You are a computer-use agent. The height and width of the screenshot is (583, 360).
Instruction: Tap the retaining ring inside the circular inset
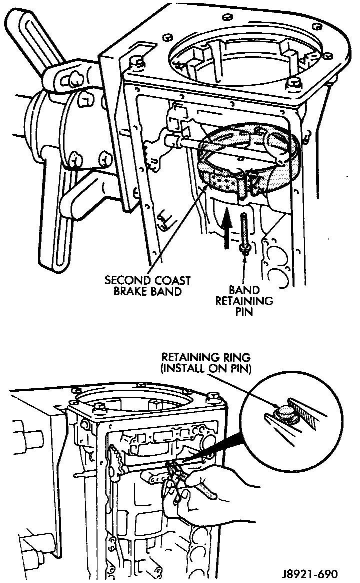point(285,411)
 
